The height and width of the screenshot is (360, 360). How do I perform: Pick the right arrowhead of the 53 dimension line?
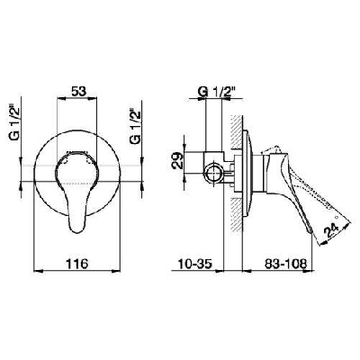click(x=102, y=101)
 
